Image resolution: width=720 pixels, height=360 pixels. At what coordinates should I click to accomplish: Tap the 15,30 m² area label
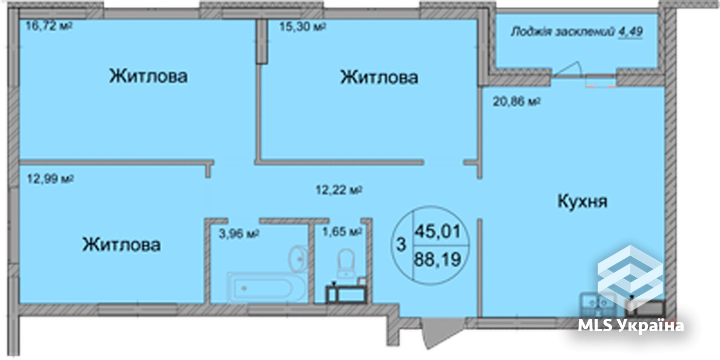[x=302, y=26]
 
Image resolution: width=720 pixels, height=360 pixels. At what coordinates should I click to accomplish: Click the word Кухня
[x=582, y=201]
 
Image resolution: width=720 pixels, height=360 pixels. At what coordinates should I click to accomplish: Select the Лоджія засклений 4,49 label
[x=576, y=32]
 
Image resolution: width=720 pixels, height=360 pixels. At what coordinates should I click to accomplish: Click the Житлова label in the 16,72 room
[x=148, y=76]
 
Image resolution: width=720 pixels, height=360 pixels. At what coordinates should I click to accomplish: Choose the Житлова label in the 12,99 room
[x=121, y=244]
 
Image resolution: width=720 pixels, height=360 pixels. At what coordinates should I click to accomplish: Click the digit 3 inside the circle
[x=401, y=245]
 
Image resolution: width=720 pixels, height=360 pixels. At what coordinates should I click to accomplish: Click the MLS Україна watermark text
[x=631, y=326]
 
